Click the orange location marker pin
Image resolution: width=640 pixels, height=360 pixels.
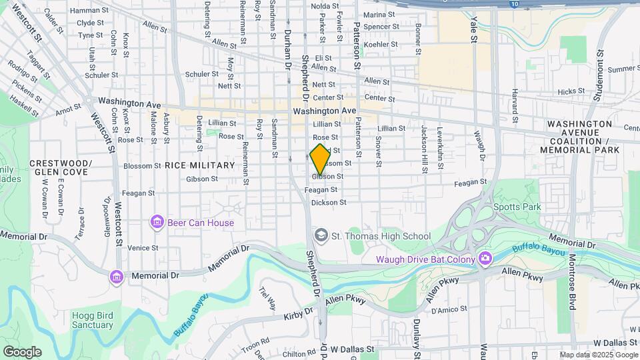[320, 159]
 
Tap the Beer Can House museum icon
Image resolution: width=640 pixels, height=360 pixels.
[157, 221]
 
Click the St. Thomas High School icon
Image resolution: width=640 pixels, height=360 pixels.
[321, 235]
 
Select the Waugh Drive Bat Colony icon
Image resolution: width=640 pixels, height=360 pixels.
[485, 259]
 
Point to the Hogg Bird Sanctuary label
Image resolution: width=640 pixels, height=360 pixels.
[93, 319]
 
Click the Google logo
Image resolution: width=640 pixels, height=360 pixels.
[22, 351]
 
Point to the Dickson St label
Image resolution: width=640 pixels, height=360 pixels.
[329, 202]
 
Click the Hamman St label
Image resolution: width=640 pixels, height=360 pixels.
[89, 11]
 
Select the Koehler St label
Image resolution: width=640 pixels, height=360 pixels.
[381, 45]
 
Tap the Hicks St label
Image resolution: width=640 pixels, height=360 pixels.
[571, 91]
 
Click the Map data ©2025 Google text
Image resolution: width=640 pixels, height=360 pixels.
[599, 355]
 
